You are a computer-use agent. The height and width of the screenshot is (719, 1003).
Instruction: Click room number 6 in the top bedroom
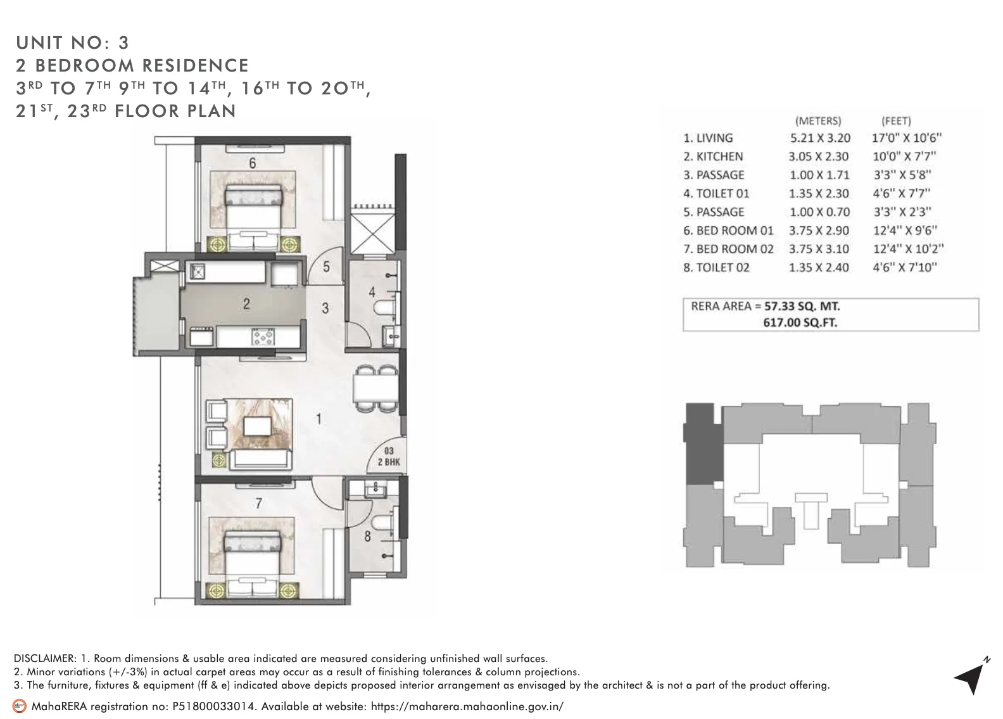click(x=252, y=163)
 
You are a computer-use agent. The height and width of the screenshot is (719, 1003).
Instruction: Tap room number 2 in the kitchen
click(x=246, y=304)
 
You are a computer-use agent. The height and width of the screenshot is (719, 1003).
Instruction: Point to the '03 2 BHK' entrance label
click(x=389, y=456)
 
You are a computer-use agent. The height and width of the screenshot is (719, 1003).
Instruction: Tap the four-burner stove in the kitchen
click(x=262, y=336)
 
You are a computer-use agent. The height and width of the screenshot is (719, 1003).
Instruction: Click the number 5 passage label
click(x=326, y=267)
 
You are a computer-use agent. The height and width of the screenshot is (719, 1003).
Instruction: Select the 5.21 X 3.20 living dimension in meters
click(x=819, y=138)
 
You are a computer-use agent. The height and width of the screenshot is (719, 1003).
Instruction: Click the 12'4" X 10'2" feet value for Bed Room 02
click(x=907, y=249)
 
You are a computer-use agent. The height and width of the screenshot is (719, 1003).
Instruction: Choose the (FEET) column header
click(x=895, y=120)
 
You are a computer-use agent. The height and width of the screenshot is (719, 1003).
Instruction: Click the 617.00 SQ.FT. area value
click(x=800, y=322)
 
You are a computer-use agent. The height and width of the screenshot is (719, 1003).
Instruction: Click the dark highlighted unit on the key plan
click(x=704, y=443)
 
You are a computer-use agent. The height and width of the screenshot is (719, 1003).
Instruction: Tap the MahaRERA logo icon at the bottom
click(x=20, y=706)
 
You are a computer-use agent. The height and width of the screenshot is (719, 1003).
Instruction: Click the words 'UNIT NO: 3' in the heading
click(x=72, y=42)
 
